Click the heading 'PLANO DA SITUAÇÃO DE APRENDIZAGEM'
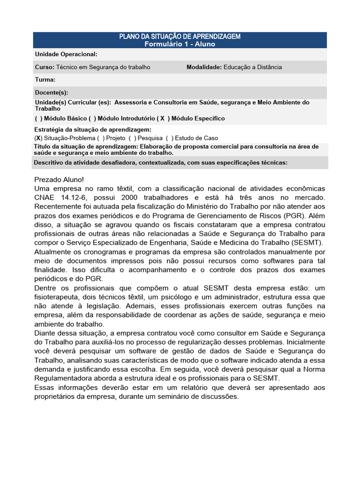[x=180, y=37]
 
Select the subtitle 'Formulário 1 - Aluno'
[x=180, y=44]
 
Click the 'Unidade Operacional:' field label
[x=66, y=54]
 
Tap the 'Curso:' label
[x=45, y=67]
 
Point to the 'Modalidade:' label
[x=204, y=67]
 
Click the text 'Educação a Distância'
[x=253, y=67]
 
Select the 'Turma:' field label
[x=45, y=80]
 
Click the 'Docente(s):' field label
[x=52, y=93]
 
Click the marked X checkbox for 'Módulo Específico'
[x=162, y=119]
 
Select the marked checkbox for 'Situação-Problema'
[x=38, y=138]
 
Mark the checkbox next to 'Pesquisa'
[x=135, y=138]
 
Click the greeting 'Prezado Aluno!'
[x=59, y=180]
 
